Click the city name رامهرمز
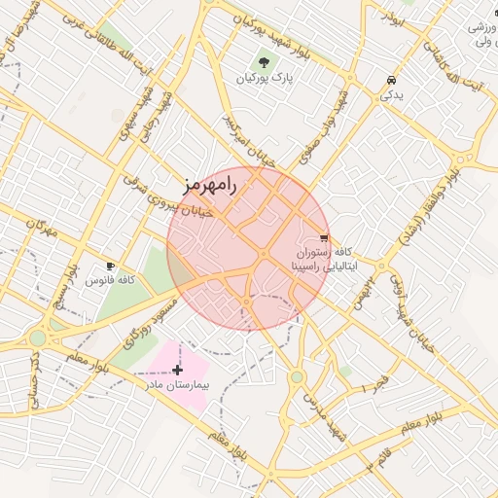(x=209, y=184)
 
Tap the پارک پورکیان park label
(x=270, y=77)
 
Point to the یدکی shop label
(x=390, y=95)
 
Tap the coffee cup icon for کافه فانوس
(x=110, y=266)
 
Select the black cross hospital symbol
(x=176, y=370)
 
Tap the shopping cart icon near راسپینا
(x=324, y=237)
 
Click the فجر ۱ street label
(x=374, y=383)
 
